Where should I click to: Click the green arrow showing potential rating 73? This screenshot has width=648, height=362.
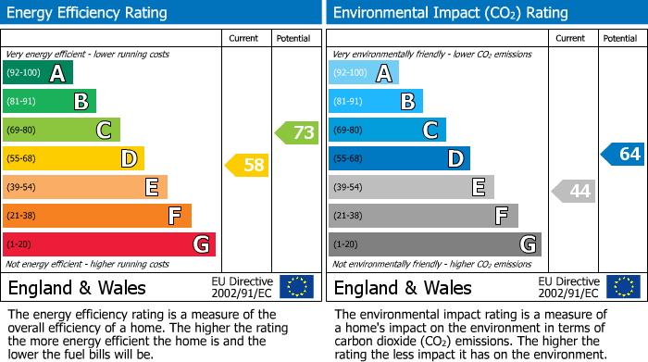[297, 132]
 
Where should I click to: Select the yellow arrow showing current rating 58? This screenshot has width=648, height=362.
[247, 165]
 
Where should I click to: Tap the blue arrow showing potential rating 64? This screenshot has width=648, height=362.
[622, 154]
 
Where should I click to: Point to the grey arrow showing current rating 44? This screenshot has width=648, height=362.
[573, 191]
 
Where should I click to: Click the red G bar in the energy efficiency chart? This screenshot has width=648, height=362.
[109, 244]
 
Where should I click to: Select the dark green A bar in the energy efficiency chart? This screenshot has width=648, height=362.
[38, 73]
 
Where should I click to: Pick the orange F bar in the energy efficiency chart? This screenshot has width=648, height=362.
[97, 216]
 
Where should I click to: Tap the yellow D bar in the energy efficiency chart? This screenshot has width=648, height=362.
[73, 158]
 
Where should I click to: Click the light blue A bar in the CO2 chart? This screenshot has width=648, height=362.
[364, 73]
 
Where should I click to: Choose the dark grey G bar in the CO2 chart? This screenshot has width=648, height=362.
[434, 244]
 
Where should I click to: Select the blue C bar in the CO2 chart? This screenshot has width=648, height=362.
[387, 130]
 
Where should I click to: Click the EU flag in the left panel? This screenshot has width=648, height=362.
[296, 287]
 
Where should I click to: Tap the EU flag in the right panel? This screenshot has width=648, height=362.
[622, 287]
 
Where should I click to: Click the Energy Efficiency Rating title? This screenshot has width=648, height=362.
[88, 13]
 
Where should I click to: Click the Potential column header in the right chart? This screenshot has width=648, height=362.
[619, 38]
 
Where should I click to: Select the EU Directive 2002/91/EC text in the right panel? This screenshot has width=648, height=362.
[569, 287]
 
